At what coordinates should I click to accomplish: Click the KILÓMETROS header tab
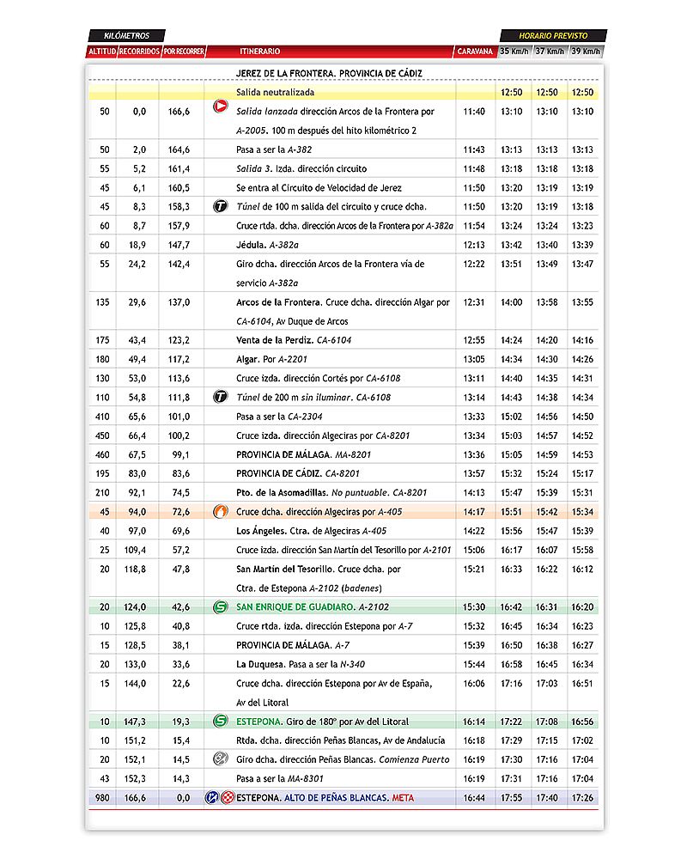pyautogui.click(x=125, y=36)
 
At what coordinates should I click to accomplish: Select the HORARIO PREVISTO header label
pyautogui.click(x=553, y=36)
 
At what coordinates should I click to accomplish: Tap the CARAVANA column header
pyautogui.click(x=475, y=52)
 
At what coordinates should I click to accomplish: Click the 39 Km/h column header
pyautogui.click(x=586, y=52)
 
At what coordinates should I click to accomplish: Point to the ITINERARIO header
pyautogui.click(x=259, y=52)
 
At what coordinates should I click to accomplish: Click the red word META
pyautogui.click(x=403, y=798)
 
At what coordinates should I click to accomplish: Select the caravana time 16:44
pyautogui.click(x=474, y=798)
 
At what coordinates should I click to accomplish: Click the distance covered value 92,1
pyautogui.click(x=138, y=493)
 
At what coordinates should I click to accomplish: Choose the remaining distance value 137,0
pyautogui.click(x=179, y=302)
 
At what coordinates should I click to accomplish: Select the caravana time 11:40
pyautogui.click(x=474, y=112)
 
